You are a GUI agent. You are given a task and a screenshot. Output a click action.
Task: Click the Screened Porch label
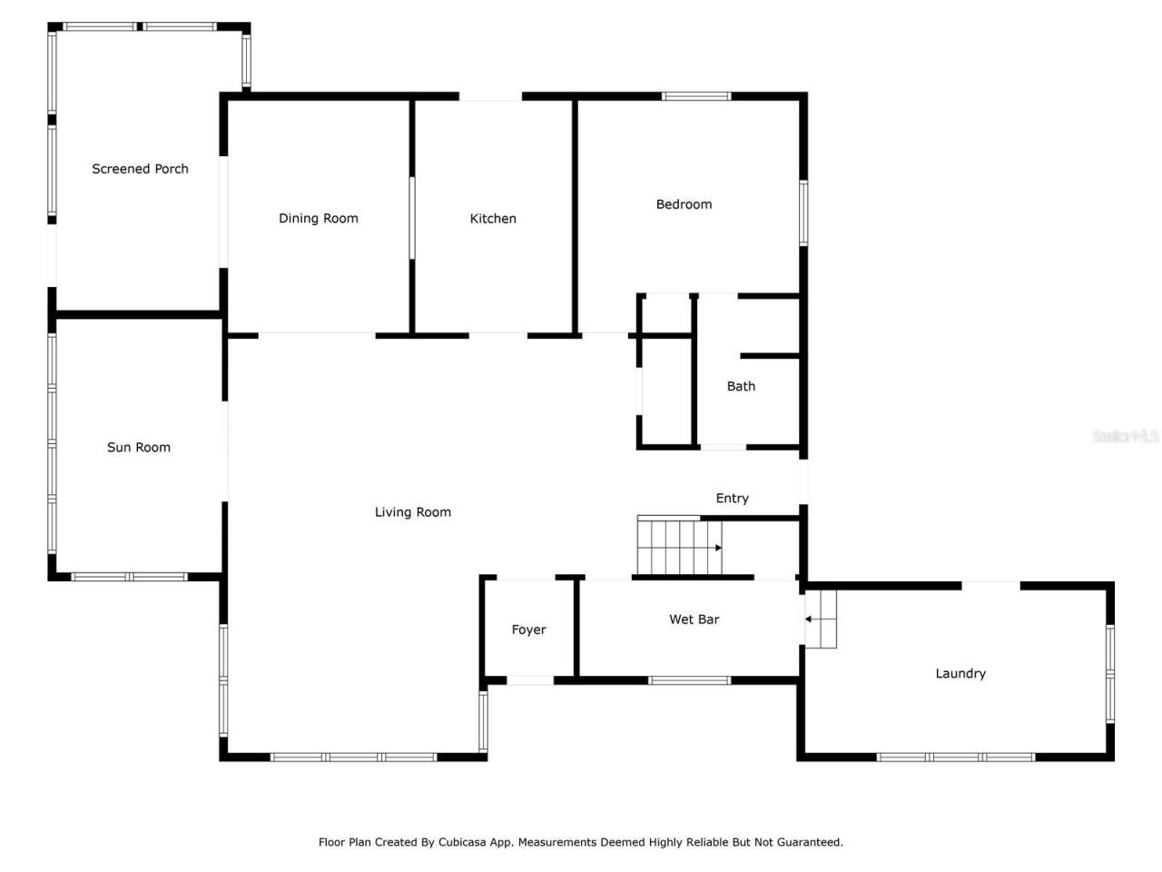(140, 169)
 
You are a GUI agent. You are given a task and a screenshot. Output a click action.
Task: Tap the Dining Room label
(318, 218)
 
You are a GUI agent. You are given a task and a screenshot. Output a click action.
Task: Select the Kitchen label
(493, 218)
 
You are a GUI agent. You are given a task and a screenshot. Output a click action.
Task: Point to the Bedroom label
(684, 204)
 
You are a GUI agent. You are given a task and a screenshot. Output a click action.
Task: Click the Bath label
(741, 386)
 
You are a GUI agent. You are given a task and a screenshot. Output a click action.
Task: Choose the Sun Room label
(139, 447)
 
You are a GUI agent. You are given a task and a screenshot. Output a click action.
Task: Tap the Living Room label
(413, 512)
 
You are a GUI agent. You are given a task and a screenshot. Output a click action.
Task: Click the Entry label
(732, 498)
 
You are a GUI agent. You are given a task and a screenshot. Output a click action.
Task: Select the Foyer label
(528, 629)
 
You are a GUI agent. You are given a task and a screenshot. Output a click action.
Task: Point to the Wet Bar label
(694, 619)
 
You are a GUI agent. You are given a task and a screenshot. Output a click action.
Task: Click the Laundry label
(960, 673)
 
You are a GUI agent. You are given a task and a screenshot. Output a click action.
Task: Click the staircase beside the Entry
(679, 547)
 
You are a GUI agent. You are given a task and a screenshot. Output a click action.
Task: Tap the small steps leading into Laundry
(822, 619)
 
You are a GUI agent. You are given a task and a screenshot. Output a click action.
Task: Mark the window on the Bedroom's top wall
(696, 96)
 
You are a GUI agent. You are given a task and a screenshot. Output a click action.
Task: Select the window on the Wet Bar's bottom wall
(689, 680)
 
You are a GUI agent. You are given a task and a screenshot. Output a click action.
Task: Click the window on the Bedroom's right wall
(803, 213)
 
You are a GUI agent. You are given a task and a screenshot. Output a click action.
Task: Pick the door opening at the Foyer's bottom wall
(529, 680)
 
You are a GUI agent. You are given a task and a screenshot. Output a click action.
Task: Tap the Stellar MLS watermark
(1126, 436)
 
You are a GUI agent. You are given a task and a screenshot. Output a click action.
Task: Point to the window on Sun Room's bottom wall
(130, 577)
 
